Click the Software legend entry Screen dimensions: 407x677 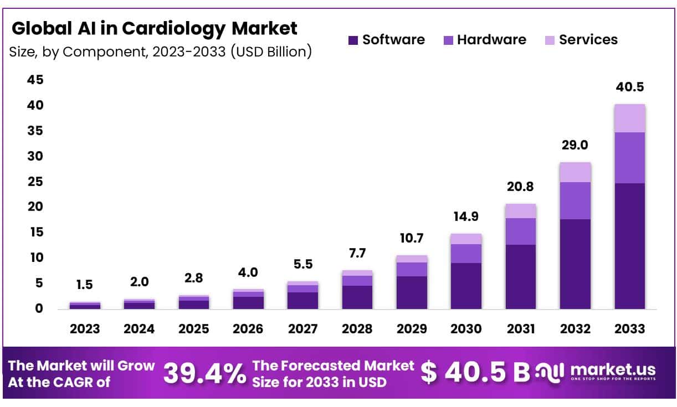387,40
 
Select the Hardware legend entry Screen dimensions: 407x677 485,40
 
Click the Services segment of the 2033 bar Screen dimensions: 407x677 629,118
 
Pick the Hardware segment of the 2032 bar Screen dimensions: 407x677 575,200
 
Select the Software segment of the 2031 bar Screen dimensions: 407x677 520,276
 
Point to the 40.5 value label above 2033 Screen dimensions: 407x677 629,87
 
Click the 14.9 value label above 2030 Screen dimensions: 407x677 466,217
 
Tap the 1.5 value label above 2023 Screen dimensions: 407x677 84,285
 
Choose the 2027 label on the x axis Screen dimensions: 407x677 302,328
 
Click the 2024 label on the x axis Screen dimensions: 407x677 139,328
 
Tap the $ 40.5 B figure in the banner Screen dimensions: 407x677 475,372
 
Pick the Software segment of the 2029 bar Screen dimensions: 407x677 412,292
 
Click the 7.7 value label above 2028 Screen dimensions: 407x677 357,254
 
